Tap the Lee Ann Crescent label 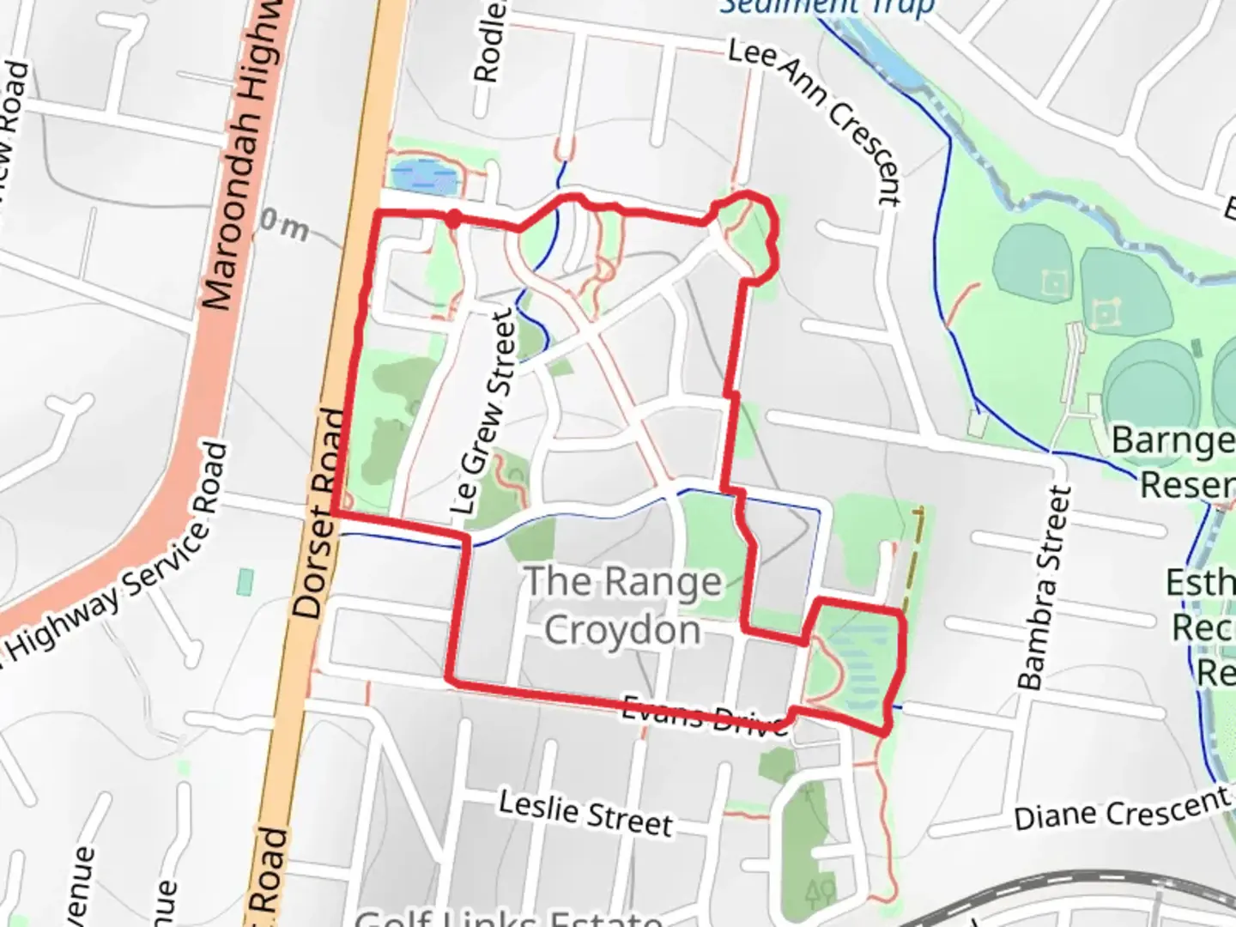816,120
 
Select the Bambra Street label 1045,587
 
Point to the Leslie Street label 586,813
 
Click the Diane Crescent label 1123,809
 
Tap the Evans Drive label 704,715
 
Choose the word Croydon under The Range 622,631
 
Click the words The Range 622,582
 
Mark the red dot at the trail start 454,219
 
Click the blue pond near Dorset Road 424,177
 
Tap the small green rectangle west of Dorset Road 245,581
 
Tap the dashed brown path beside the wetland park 912,558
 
